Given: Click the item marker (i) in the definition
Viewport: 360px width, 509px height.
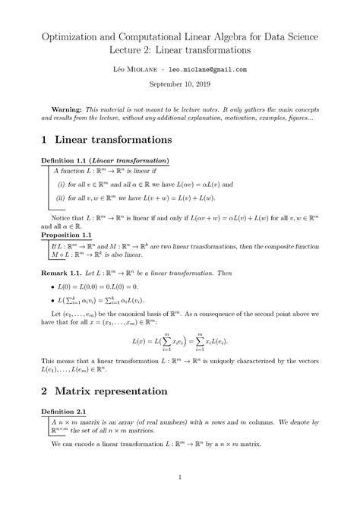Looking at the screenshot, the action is click(x=62, y=184).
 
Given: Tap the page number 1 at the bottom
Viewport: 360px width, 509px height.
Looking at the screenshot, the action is click(x=179, y=477).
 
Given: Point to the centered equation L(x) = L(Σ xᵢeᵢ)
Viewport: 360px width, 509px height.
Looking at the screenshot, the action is click(x=180, y=343).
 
